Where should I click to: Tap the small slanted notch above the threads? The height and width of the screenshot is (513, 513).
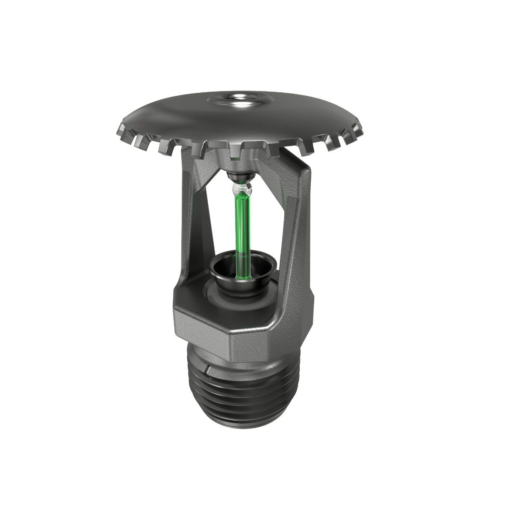pyautogui.click(x=208, y=368)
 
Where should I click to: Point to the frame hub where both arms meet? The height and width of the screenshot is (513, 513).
pyautogui.click(x=239, y=162)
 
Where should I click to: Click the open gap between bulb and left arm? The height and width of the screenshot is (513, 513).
pyautogui.click(x=218, y=222)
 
